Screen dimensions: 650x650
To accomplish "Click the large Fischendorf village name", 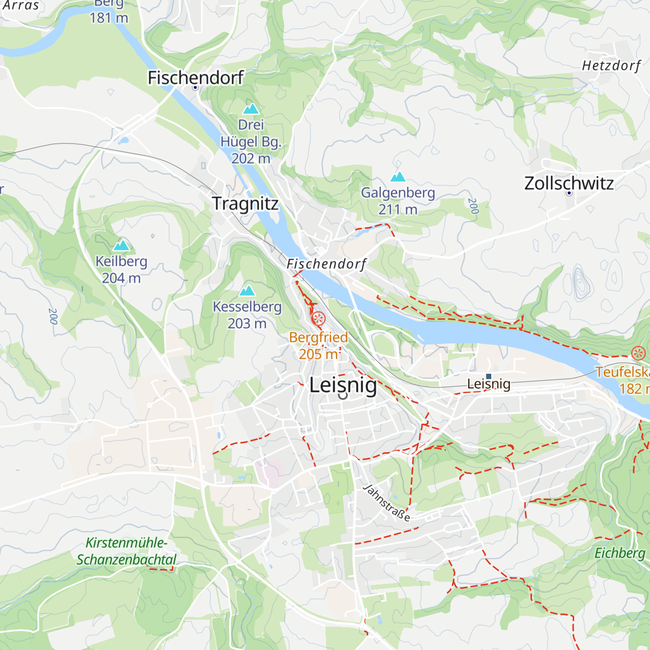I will (196, 77).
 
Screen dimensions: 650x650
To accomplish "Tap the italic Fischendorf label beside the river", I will (326, 264).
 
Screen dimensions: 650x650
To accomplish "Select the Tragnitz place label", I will (245, 204).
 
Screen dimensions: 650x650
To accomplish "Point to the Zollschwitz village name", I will (569, 183).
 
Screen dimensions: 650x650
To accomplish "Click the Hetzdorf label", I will (611, 66).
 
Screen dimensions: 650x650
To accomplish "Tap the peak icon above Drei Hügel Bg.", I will (251, 109).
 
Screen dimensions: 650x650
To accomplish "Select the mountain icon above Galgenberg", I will (398, 177).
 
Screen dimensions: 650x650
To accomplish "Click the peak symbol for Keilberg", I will (121, 245).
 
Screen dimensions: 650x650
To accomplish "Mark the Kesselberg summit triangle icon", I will (247, 291).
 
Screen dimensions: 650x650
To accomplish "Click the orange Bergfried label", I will (318, 337).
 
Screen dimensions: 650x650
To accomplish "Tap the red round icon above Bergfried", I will (318, 318).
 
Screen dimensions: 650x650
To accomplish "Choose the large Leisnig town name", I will (343, 385).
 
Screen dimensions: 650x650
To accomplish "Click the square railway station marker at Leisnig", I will (489, 376).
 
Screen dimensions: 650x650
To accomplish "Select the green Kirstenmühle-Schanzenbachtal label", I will (126, 551).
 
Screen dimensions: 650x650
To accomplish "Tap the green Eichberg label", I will (620, 553).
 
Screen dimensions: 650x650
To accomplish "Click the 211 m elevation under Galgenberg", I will (398, 210).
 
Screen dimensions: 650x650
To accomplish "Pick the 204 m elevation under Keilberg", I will (121, 278).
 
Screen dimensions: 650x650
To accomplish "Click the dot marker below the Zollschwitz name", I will (569, 193).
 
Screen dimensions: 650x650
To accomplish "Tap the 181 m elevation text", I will (109, 18).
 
